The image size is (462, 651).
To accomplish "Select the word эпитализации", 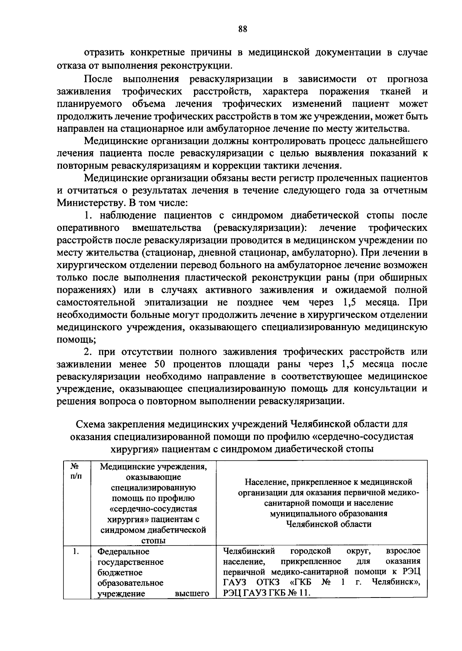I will (176, 302).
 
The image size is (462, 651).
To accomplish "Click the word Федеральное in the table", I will (123, 552).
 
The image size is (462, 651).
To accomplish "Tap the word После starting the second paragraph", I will (99, 79).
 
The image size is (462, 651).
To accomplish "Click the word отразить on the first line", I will (103, 53).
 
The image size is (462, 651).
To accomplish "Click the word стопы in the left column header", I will (153, 541).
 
